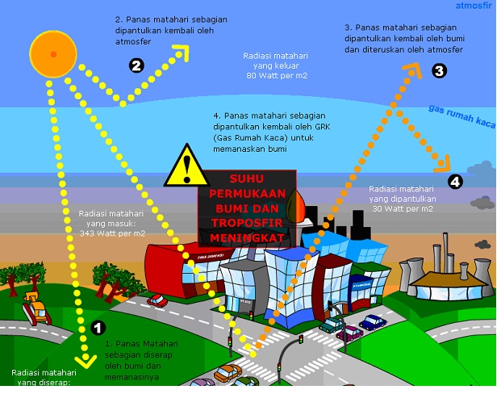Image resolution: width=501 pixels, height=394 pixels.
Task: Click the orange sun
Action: click(x=53, y=53)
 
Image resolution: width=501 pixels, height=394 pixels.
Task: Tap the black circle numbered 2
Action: click(x=136, y=66)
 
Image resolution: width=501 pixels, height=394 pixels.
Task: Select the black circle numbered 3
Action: click(x=439, y=71)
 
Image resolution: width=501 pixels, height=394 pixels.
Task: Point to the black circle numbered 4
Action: click(x=456, y=182)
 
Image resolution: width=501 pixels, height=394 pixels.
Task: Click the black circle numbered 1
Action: click(x=98, y=328)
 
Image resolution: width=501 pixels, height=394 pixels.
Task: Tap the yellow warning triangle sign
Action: click(x=188, y=167)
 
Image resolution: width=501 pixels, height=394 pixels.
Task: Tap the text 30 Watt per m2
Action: click(x=403, y=207)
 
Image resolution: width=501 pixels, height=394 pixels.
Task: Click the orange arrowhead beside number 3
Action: click(x=413, y=69)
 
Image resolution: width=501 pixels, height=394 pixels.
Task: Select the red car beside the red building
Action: click(x=157, y=301)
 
